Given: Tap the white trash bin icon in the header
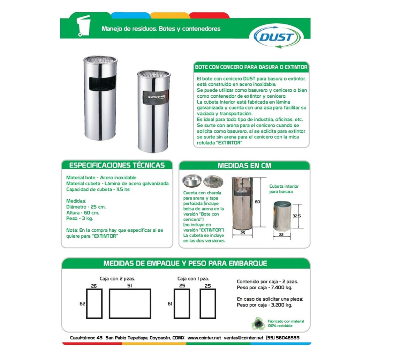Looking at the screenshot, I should (x=84, y=25).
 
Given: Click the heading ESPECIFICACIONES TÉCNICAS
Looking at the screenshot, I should (x=117, y=165).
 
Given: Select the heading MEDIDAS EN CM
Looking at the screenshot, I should (x=244, y=166).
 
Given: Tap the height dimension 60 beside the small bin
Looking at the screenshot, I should (x=257, y=202).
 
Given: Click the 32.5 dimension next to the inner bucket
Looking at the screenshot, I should (x=296, y=216).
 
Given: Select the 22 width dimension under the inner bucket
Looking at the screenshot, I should (x=281, y=235).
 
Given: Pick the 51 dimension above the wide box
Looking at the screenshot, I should (x=129, y=286).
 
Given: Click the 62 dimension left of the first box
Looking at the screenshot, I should (x=82, y=304).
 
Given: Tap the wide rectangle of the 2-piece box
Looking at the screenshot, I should (x=130, y=304).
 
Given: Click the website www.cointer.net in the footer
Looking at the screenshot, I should (x=204, y=338).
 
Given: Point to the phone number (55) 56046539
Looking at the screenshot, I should (x=282, y=338).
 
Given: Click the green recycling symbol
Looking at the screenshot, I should (x=258, y=323).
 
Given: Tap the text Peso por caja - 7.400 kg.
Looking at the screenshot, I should (x=264, y=288).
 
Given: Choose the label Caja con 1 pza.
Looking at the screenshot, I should (x=193, y=279).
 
